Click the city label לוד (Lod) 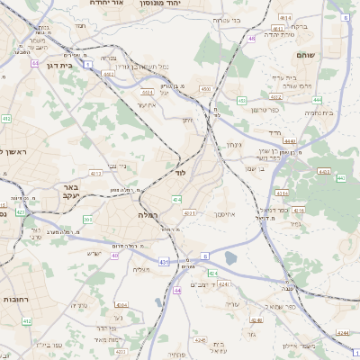180,171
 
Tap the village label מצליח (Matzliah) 142,270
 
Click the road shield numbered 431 163,261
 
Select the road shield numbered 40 114,256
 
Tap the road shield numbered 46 252,39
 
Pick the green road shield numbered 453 242,100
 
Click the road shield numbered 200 87,220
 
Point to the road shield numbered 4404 147,91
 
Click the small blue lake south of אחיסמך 229,259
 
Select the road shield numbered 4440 289,141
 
